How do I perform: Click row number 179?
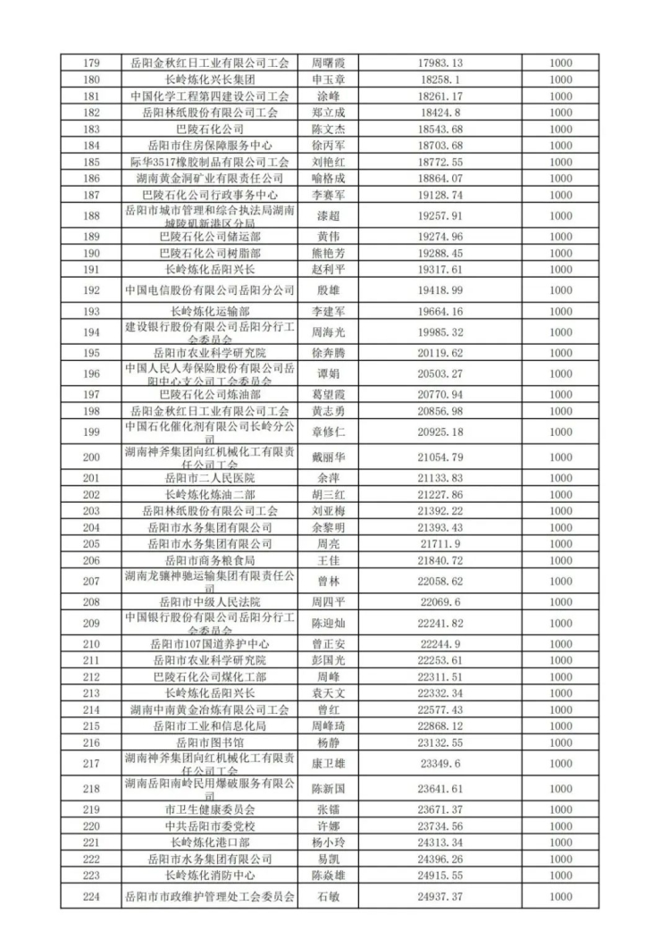coord(90,63)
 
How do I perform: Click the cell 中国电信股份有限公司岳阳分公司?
coord(210,290)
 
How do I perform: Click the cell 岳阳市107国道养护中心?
coord(210,643)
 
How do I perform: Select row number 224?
coord(90,895)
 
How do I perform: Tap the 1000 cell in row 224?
coord(561,895)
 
